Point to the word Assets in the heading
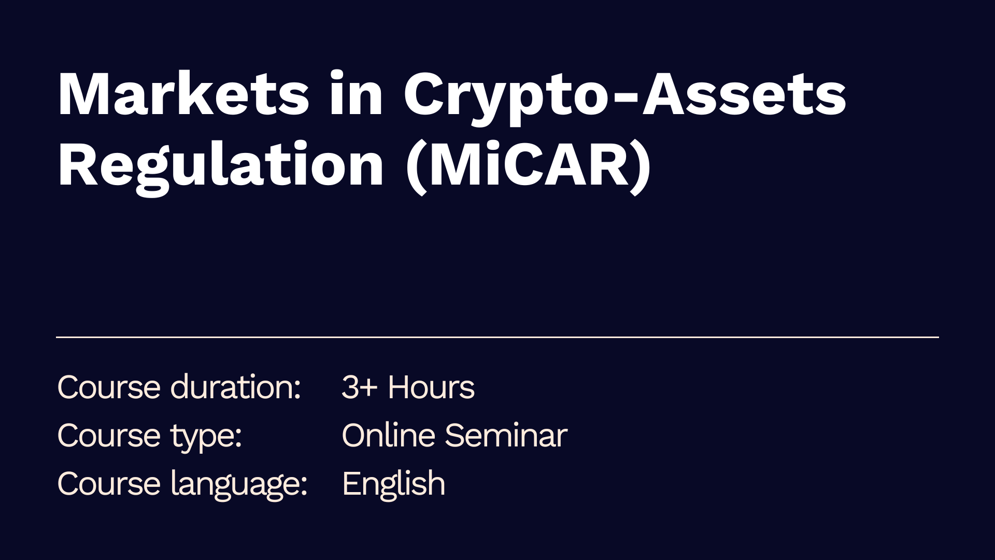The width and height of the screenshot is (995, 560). point(744,95)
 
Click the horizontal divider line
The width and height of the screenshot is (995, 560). point(497,337)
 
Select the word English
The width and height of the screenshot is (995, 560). point(393,484)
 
